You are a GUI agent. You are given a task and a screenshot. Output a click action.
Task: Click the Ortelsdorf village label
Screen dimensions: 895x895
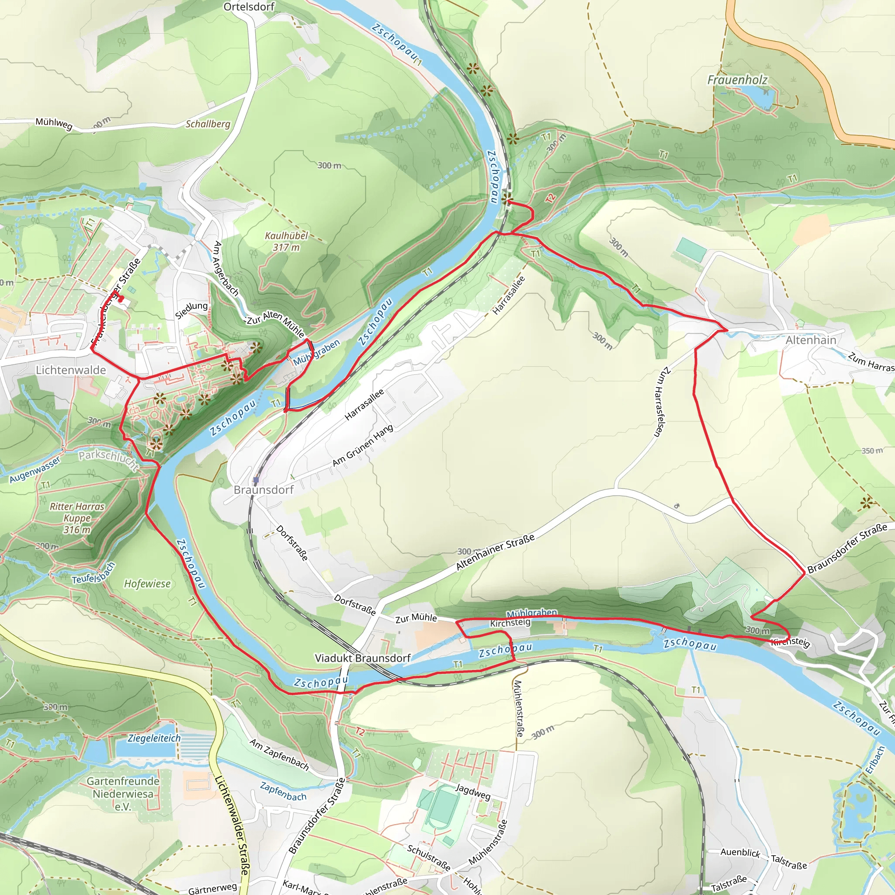(x=249, y=7)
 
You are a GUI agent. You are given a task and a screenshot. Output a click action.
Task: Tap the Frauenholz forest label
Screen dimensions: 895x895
(x=737, y=80)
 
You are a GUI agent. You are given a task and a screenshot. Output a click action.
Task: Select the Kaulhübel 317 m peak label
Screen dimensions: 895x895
(x=286, y=241)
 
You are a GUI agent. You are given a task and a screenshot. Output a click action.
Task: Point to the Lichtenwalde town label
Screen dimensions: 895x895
(x=71, y=370)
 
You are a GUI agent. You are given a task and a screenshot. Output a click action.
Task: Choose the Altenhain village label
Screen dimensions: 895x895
(x=811, y=340)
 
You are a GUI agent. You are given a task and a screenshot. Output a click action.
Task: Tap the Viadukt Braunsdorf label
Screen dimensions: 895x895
(x=363, y=658)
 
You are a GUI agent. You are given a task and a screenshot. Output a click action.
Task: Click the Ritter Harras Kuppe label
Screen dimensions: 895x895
(x=77, y=518)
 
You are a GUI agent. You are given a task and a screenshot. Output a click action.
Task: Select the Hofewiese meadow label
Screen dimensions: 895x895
(x=147, y=584)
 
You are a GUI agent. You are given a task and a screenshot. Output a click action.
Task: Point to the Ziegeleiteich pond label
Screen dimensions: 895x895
(x=154, y=738)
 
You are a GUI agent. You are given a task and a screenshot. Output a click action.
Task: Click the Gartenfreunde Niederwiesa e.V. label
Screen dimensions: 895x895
(x=123, y=794)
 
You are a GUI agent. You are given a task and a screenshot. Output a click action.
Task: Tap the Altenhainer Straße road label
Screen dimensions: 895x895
(x=495, y=552)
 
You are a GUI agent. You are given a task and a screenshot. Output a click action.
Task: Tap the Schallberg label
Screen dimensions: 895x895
(x=208, y=124)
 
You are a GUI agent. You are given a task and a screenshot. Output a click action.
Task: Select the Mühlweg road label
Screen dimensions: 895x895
(x=54, y=124)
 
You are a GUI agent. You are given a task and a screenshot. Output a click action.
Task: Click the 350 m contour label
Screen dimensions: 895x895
(x=872, y=451)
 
